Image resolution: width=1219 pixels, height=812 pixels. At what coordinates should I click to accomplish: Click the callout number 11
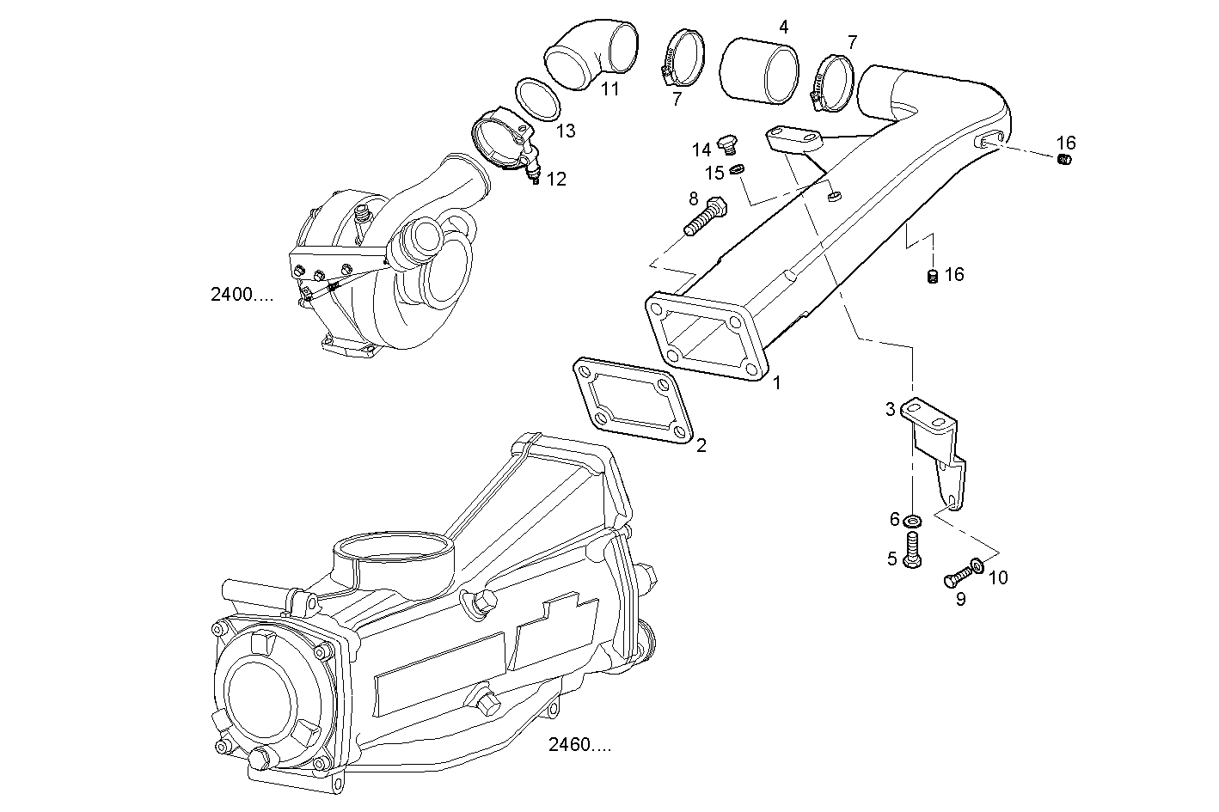pos(609,89)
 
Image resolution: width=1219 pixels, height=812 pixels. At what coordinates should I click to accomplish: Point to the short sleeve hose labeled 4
pos(759,70)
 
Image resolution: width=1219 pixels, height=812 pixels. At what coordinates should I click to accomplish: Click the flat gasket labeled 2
pos(633,403)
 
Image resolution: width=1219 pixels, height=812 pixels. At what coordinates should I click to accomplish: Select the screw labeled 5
pos(914,549)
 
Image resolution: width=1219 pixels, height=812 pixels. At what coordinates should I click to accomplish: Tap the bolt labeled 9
pos(956,578)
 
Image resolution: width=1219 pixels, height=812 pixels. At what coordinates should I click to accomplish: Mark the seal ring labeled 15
pos(738,170)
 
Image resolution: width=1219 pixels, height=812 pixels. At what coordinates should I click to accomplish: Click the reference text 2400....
pos(242,295)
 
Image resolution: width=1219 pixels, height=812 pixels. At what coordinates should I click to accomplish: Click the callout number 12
pos(556,180)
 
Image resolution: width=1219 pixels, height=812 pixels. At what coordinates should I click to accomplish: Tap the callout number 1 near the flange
pos(777,383)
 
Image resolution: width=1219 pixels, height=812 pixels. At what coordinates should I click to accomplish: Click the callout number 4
pos(783,27)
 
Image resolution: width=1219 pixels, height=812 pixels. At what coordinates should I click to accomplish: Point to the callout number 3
pos(891,409)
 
